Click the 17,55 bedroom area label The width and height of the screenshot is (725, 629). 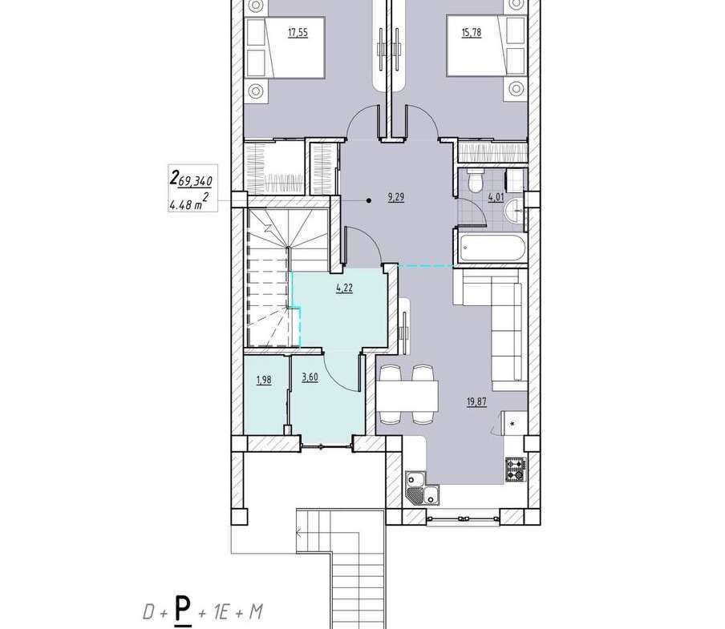coord(298,33)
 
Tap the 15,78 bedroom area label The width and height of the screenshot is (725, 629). coord(471,33)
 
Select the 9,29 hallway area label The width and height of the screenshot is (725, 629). coord(396,198)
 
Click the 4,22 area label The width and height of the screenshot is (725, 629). coord(345,288)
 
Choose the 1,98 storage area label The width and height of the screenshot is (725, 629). coord(264,380)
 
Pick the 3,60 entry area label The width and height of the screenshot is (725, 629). coord(310,377)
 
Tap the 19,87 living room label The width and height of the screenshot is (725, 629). coord(476,401)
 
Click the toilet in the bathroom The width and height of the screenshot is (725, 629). coord(476,180)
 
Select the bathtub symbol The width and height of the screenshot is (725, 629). coord(493,248)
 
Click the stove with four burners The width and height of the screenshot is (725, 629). coord(516,470)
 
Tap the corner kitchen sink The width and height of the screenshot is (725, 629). coord(422,488)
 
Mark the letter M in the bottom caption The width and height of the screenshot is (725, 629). coord(255,612)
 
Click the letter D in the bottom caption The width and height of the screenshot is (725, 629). coord(149,612)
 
